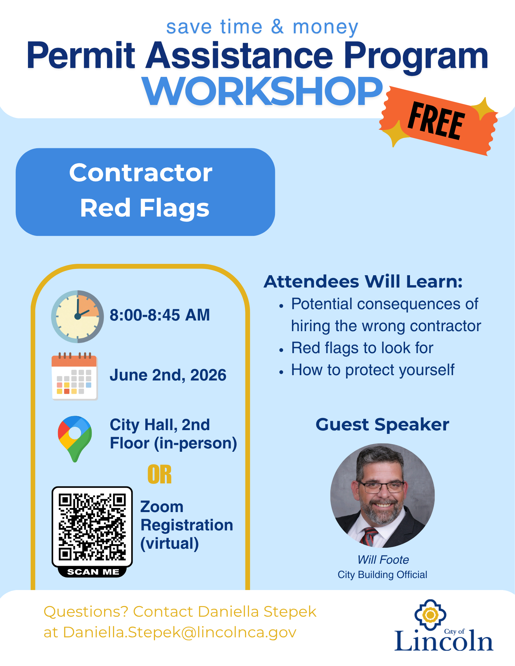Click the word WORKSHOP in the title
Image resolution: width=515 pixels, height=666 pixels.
pyautogui.click(x=262, y=91)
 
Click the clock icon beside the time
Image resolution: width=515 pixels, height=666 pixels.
pyautogui.click(x=77, y=317)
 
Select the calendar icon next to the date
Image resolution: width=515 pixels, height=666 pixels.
pyautogui.click(x=74, y=376)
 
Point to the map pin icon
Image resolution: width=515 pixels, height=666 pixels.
pyautogui.click(x=75, y=438)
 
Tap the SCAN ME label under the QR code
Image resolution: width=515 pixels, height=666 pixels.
pyautogui.click(x=93, y=572)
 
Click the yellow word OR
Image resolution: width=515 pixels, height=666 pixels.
pyautogui.click(x=160, y=474)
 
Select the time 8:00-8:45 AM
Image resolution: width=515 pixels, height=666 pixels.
pyautogui.click(x=160, y=315)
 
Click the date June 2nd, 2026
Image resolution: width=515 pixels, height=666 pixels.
pyautogui.click(x=168, y=375)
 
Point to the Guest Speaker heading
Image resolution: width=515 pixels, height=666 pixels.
pyautogui.click(x=382, y=425)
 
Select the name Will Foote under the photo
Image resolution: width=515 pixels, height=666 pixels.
pyautogui.click(x=383, y=560)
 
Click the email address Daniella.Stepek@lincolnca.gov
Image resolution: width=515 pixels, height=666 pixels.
pyautogui.click(x=180, y=632)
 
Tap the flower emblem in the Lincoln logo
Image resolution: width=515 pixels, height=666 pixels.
pyautogui.click(x=430, y=615)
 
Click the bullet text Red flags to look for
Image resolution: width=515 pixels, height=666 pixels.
pyautogui.click(x=362, y=348)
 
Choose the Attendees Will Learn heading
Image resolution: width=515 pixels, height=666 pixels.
pyautogui.click(x=363, y=282)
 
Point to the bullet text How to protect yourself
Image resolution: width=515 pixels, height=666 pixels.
pyautogui.click(x=373, y=370)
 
